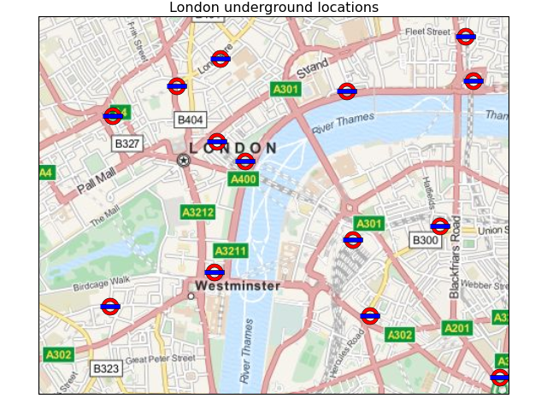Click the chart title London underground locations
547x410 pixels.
pyautogui.click(x=273, y=8)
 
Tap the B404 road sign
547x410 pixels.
pyautogui.click(x=190, y=120)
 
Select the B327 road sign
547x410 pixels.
pyautogui.click(x=127, y=143)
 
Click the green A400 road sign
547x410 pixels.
pyautogui.click(x=244, y=179)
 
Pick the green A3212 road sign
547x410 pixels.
pyautogui.click(x=198, y=212)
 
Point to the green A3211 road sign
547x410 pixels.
pyautogui.click(x=231, y=251)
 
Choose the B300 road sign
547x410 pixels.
pyautogui.click(x=425, y=240)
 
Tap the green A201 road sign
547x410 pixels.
pyautogui.click(x=457, y=328)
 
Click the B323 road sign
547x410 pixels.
pyautogui.click(x=106, y=369)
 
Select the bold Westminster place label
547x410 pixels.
pyautogui.click(x=238, y=286)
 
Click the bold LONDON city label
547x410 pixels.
pyautogui.click(x=233, y=149)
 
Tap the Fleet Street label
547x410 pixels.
pyautogui.click(x=427, y=32)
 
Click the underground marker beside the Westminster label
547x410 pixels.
pyautogui.click(x=215, y=272)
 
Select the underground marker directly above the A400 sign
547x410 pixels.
pyautogui.click(x=245, y=161)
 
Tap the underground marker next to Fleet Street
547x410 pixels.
pyautogui.click(x=465, y=36)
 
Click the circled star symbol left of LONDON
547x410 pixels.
pyautogui.click(x=183, y=160)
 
